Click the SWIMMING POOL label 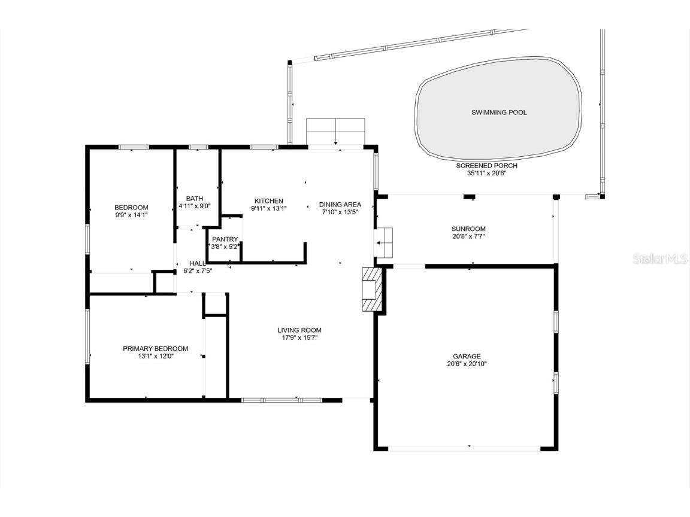[x=499, y=112]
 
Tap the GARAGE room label [x=467, y=356]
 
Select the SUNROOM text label [x=468, y=229]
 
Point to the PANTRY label [x=225, y=239]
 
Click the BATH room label [x=194, y=199]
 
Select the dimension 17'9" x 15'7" [x=299, y=337]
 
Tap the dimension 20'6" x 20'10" [x=467, y=364]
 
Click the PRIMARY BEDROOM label [x=155, y=348]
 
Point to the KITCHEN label [x=268, y=201]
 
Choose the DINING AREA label [x=340, y=205]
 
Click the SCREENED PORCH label [x=486, y=166]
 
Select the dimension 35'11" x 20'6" [x=486, y=174]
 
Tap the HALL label [x=198, y=263]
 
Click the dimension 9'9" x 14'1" [x=131, y=215]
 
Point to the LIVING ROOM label [x=299, y=330]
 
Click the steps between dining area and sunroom [x=384, y=242]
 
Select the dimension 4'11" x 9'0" [x=194, y=206]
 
